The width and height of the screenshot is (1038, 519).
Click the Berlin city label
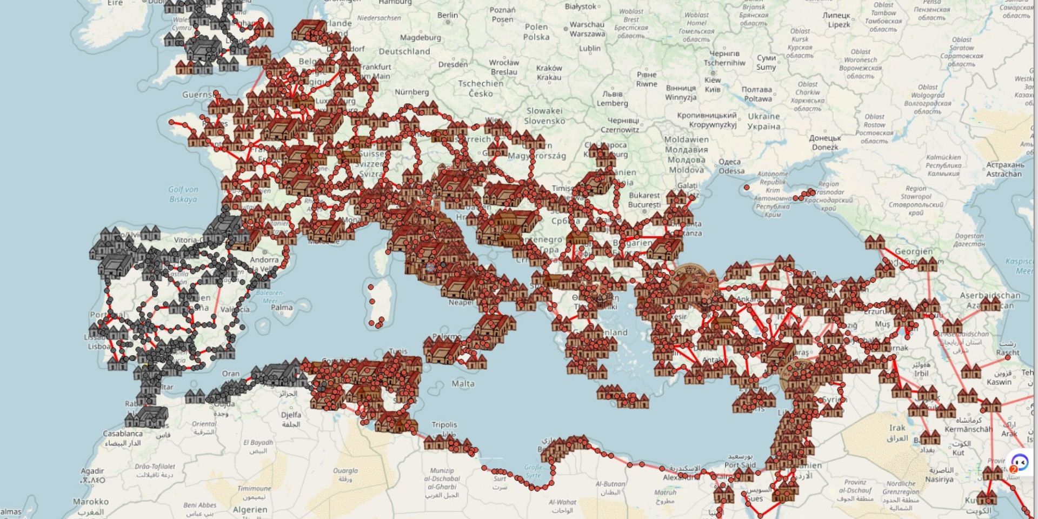[447, 15]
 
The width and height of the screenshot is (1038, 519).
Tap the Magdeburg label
[420, 38]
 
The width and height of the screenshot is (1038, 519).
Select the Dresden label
[453, 64]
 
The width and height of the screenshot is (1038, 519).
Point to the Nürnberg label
[411, 92]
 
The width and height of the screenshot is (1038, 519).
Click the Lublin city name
[589, 48]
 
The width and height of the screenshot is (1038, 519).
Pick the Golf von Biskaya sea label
[183, 194]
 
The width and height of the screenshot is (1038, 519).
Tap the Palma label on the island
[282, 307]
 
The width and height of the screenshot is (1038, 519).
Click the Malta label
[463, 383]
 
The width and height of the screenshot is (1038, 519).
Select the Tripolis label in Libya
[444, 425]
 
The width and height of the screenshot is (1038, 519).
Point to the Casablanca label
[123, 434]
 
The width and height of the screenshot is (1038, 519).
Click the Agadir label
[93, 471]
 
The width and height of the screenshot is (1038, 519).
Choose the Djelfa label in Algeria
[291, 415]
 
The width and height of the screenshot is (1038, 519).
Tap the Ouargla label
[345, 471]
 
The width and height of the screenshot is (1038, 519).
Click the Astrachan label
[1004, 174]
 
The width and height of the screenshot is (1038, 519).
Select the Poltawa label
[757, 99]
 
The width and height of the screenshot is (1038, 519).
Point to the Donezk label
[824, 147]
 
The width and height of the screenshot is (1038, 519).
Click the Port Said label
[740, 465]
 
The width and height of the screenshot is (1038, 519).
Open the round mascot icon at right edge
[1020, 462]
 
